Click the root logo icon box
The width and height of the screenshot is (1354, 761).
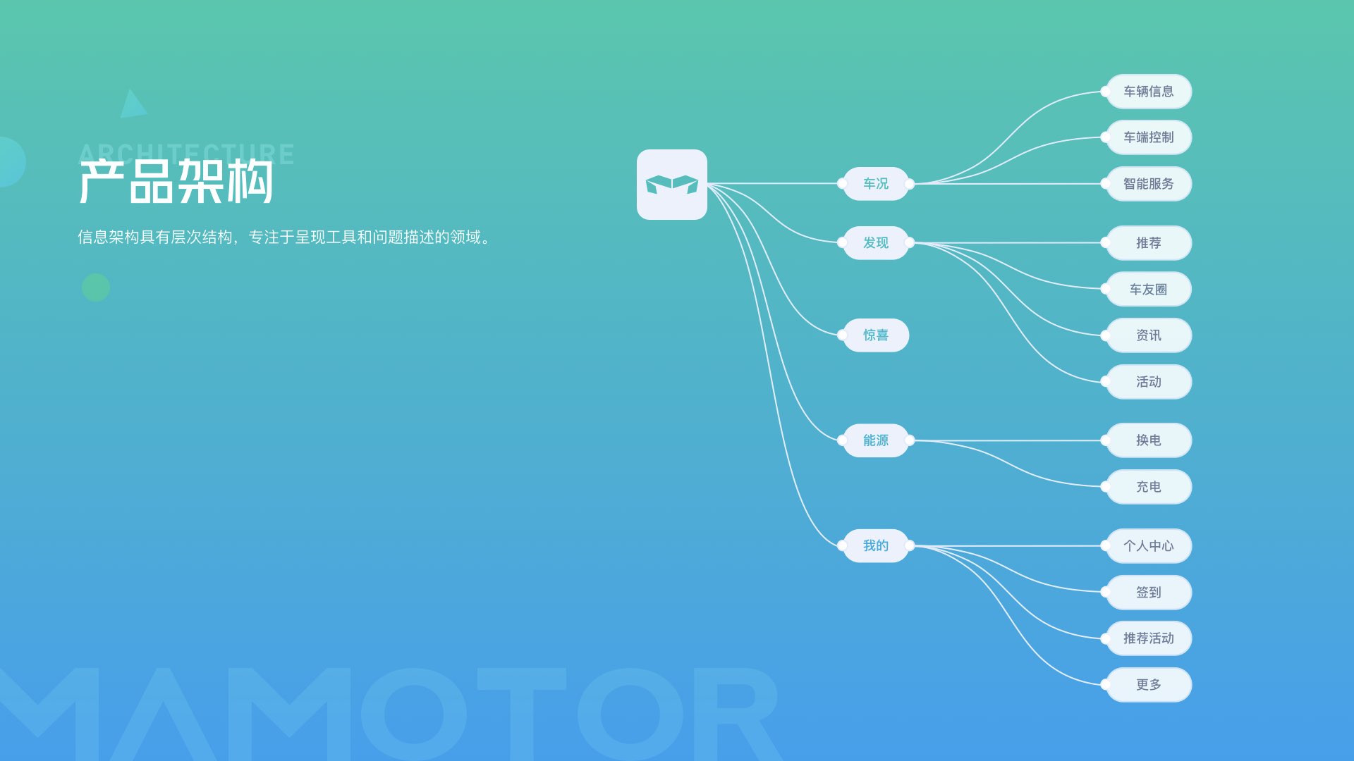point(672,185)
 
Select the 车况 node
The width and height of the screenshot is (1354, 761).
point(876,184)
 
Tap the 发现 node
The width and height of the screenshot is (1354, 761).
point(876,243)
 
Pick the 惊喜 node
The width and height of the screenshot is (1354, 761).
point(876,335)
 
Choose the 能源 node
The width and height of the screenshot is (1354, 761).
point(876,440)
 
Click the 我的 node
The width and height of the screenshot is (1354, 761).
point(876,546)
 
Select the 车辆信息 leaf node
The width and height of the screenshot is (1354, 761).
point(1149,92)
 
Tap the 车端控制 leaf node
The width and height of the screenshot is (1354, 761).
point(1149,137)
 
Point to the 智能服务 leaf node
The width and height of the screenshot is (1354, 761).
point(1149,184)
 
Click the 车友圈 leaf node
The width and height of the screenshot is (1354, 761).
point(1149,289)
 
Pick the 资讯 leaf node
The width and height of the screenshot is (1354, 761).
point(1149,335)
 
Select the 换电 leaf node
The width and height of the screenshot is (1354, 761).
point(1149,440)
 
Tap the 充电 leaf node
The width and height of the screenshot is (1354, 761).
point(1149,487)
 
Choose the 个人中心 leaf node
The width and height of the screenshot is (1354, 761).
point(1149,546)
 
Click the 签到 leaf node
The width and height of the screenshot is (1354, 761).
point(1149,593)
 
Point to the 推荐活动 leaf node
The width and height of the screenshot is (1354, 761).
point(1149,638)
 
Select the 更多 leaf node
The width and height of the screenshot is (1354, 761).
point(1149,685)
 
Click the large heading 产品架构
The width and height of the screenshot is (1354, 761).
point(176,182)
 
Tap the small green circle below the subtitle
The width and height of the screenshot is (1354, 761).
point(96,287)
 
